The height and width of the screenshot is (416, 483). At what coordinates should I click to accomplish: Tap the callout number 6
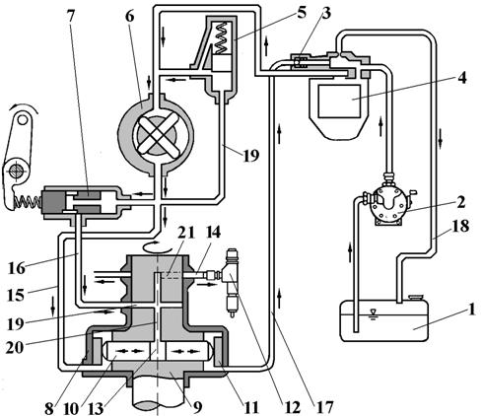[x=130, y=15]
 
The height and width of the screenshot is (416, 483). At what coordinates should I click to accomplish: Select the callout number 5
[x=302, y=12]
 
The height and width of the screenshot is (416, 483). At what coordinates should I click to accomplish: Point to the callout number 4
[x=462, y=77]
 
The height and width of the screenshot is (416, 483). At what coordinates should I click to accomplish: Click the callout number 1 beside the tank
[x=472, y=309]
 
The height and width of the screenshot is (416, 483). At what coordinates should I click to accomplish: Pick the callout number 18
[x=461, y=226]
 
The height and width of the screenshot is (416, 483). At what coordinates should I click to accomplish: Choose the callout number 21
[x=186, y=233]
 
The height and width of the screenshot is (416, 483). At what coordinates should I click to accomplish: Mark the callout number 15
[x=16, y=295]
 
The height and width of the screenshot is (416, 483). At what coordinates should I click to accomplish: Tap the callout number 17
[x=325, y=406]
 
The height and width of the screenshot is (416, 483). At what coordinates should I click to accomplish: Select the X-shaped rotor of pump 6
[x=158, y=135]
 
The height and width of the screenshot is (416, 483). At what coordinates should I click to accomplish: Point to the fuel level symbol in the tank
[x=373, y=313]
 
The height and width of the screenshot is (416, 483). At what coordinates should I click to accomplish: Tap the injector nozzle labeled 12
[x=234, y=283]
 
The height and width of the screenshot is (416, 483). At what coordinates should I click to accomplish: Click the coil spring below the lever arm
[x=27, y=202]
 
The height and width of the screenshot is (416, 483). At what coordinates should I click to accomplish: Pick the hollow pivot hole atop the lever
[x=23, y=119]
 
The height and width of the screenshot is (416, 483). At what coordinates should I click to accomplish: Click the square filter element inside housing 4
[x=339, y=101]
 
